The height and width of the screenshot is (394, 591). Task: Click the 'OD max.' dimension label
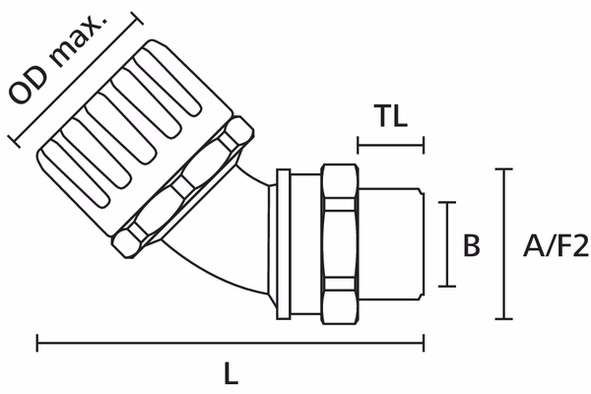click(x=71, y=59)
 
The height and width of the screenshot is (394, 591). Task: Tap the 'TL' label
click(x=391, y=115)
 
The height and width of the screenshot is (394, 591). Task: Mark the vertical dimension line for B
click(x=452, y=244)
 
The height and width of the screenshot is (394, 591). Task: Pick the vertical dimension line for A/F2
click(x=505, y=244)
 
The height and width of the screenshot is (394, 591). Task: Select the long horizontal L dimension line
click(x=230, y=344)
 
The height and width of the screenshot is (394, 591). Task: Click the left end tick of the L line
click(x=36, y=344)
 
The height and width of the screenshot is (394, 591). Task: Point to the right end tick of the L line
click(x=425, y=344)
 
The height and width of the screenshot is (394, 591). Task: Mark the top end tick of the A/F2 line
click(x=505, y=169)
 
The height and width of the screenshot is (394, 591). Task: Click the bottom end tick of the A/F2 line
click(x=505, y=319)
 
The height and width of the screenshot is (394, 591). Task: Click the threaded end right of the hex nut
click(x=394, y=242)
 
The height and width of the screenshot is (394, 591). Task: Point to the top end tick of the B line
click(x=452, y=202)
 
